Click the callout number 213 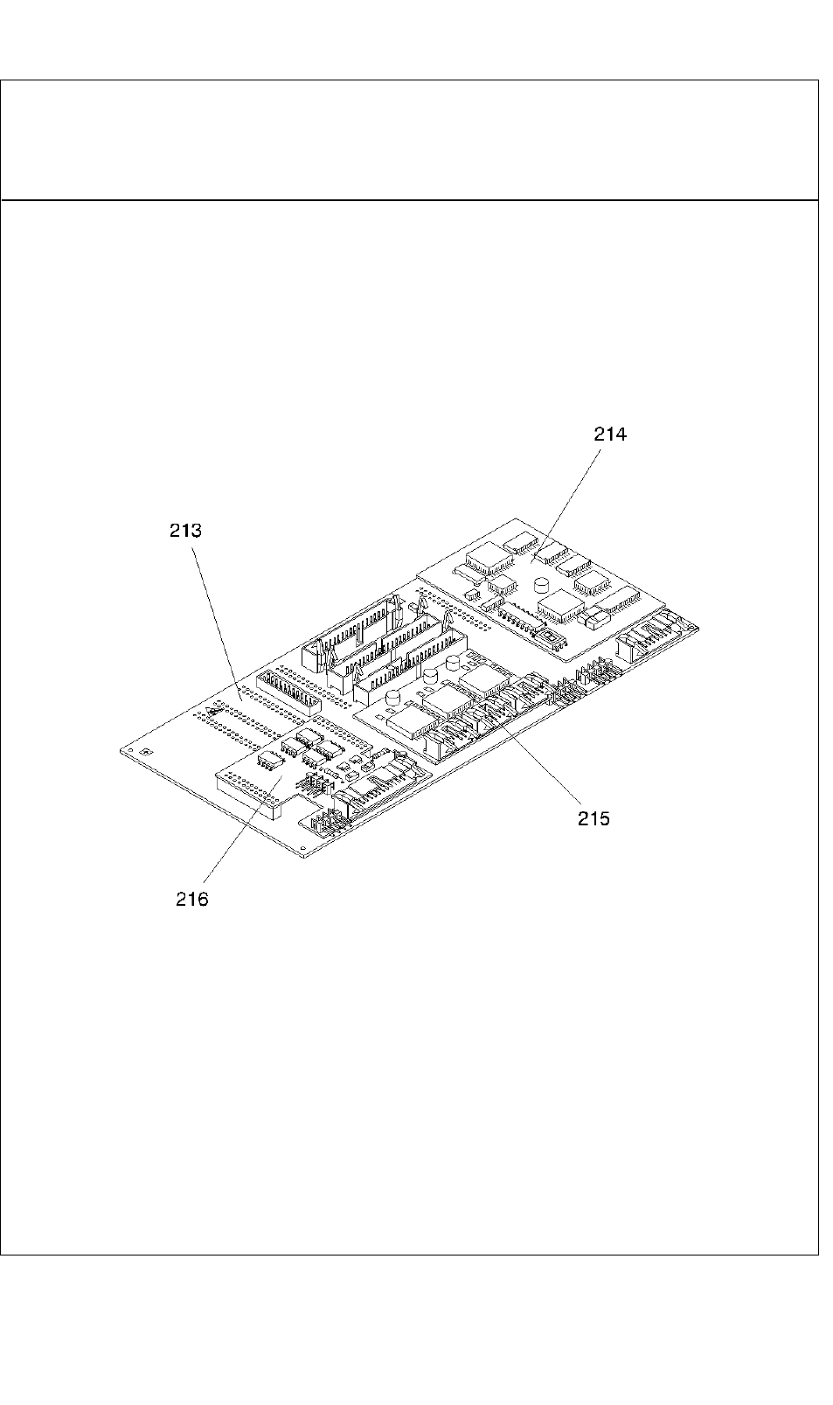[185, 531]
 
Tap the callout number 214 [610, 434]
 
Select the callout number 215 [594, 818]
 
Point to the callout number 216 [192, 899]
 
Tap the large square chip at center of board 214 [560, 605]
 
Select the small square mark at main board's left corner [147, 751]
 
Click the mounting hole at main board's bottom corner [303, 848]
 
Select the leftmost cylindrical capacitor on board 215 [394, 699]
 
